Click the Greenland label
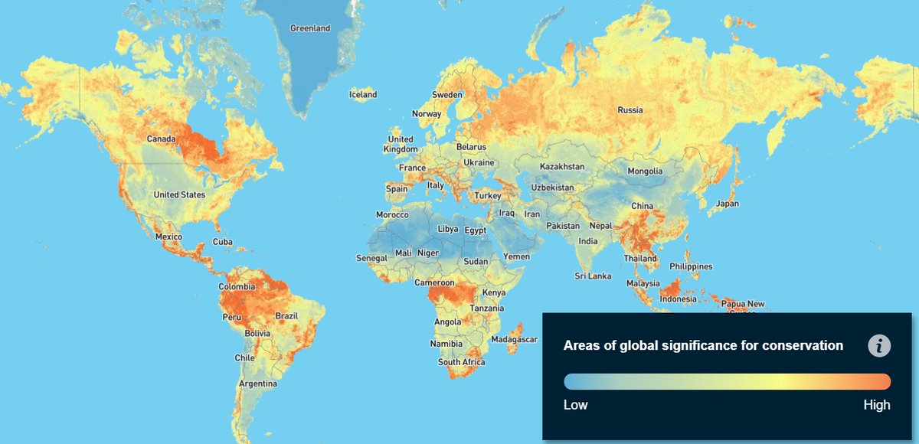[x=310, y=28]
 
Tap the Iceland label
[x=363, y=95]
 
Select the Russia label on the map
[x=630, y=110]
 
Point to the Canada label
[x=162, y=139]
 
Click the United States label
[x=179, y=194]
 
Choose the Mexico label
[x=168, y=237]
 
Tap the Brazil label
[x=286, y=316]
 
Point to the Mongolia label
[x=645, y=171]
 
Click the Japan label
[x=727, y=204]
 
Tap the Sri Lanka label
[x=594, y=276]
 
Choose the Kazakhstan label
[x=562, y=166]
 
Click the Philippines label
[x=691, y=266]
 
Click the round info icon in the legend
[x=879, y=346]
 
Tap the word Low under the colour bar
[x=576, y=405]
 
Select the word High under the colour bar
[x=877, y=405]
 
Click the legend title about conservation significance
[x=703, y=346]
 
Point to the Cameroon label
[x=435, y=282]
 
